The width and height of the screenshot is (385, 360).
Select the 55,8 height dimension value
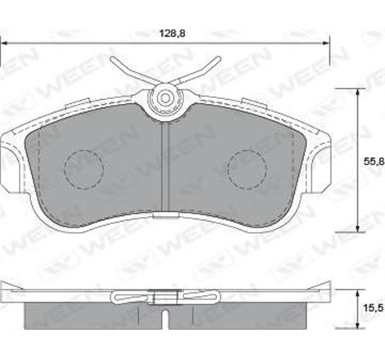click(x=372, y=162)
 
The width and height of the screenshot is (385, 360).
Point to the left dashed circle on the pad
click(x=83, y=169)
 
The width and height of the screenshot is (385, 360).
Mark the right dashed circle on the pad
click(x=247, y=169)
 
